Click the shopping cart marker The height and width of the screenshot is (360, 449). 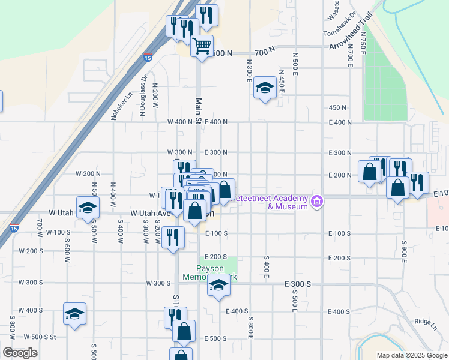[202, 45]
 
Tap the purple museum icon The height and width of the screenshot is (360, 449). [318, 202]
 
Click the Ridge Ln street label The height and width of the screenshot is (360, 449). [426, 322]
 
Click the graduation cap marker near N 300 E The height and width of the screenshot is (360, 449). [264, 89]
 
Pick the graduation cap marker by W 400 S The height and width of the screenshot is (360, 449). [75, 314]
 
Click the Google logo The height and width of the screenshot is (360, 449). [20, 352]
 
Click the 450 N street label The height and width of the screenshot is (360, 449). [338, 107]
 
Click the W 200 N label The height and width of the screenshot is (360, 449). [86, 173]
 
